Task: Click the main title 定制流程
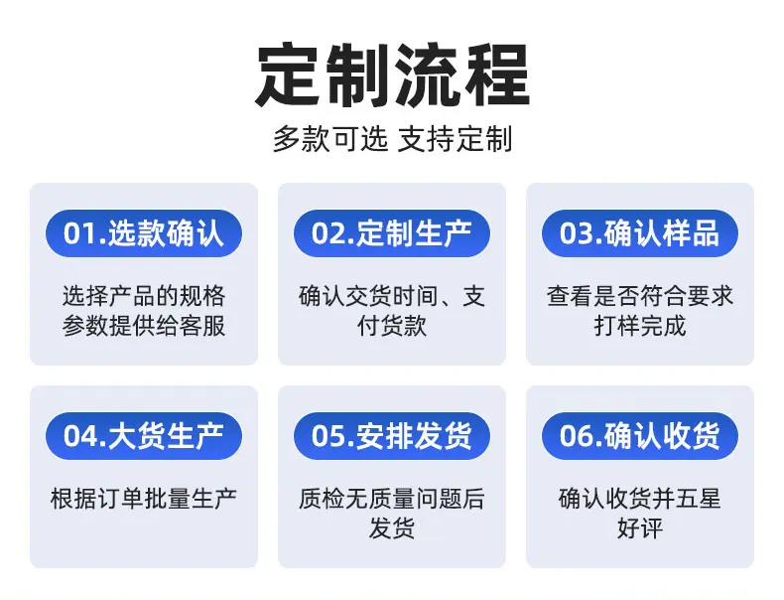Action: [x=393, y=75]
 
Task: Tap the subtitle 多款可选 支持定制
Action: [x=393, y=139]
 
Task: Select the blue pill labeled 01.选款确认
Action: [x=144, y=233]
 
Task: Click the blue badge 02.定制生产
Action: [x=391, y=233]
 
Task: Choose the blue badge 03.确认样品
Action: [x=640, y=233]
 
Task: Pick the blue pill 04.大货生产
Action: [x=144, y=436]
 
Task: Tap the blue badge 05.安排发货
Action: [x=391, y=436]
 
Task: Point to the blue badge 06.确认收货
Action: [x=640, y=436]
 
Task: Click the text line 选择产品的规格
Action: [x=144, y=296]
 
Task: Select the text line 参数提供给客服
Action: [x=144, y=326]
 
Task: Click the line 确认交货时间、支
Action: [x=392, y=296]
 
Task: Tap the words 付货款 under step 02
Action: [x=392, y=326]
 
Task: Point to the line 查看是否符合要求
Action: [x=640, y=296]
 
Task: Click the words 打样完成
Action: [x=640, y=326]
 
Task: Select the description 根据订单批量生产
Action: [x=144, y=499]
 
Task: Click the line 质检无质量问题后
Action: [x=392, y=499]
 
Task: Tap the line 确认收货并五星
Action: [x=640, y=499]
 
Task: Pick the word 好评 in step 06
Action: [x=640, y=527]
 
